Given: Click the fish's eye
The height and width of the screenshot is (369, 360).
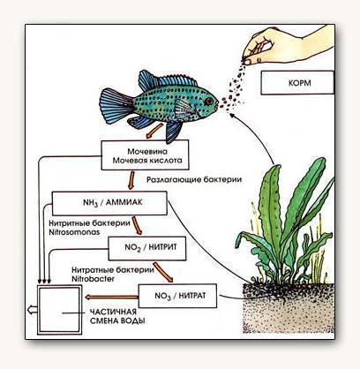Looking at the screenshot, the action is tap(209, 101).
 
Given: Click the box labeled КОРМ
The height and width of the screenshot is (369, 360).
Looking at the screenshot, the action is tap(297, 83).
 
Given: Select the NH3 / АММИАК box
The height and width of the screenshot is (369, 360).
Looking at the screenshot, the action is tap(109, 203).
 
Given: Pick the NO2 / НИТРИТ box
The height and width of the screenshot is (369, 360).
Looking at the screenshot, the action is tap(147, 248).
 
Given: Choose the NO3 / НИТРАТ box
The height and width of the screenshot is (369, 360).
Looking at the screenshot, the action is tap(177, 296).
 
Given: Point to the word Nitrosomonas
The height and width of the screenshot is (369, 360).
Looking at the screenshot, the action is tap(74, 232).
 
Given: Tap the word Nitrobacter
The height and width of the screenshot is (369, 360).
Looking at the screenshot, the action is tap(93, 279).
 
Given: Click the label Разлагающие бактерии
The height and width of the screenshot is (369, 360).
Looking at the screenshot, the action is tap(194, 179).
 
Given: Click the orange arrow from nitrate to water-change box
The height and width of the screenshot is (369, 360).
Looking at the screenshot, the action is tap(111, 297).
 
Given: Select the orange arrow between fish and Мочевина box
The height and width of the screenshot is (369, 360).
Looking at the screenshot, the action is tap(154, 131).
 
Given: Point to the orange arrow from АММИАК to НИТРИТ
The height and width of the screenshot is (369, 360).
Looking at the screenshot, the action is tap(137, 226).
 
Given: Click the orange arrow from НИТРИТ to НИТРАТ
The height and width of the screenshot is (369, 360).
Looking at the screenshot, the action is tap(163, 273).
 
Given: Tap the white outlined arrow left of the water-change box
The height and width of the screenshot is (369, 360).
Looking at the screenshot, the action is tap(32, 310).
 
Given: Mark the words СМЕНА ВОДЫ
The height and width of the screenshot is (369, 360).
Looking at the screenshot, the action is tap(117, 320).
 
